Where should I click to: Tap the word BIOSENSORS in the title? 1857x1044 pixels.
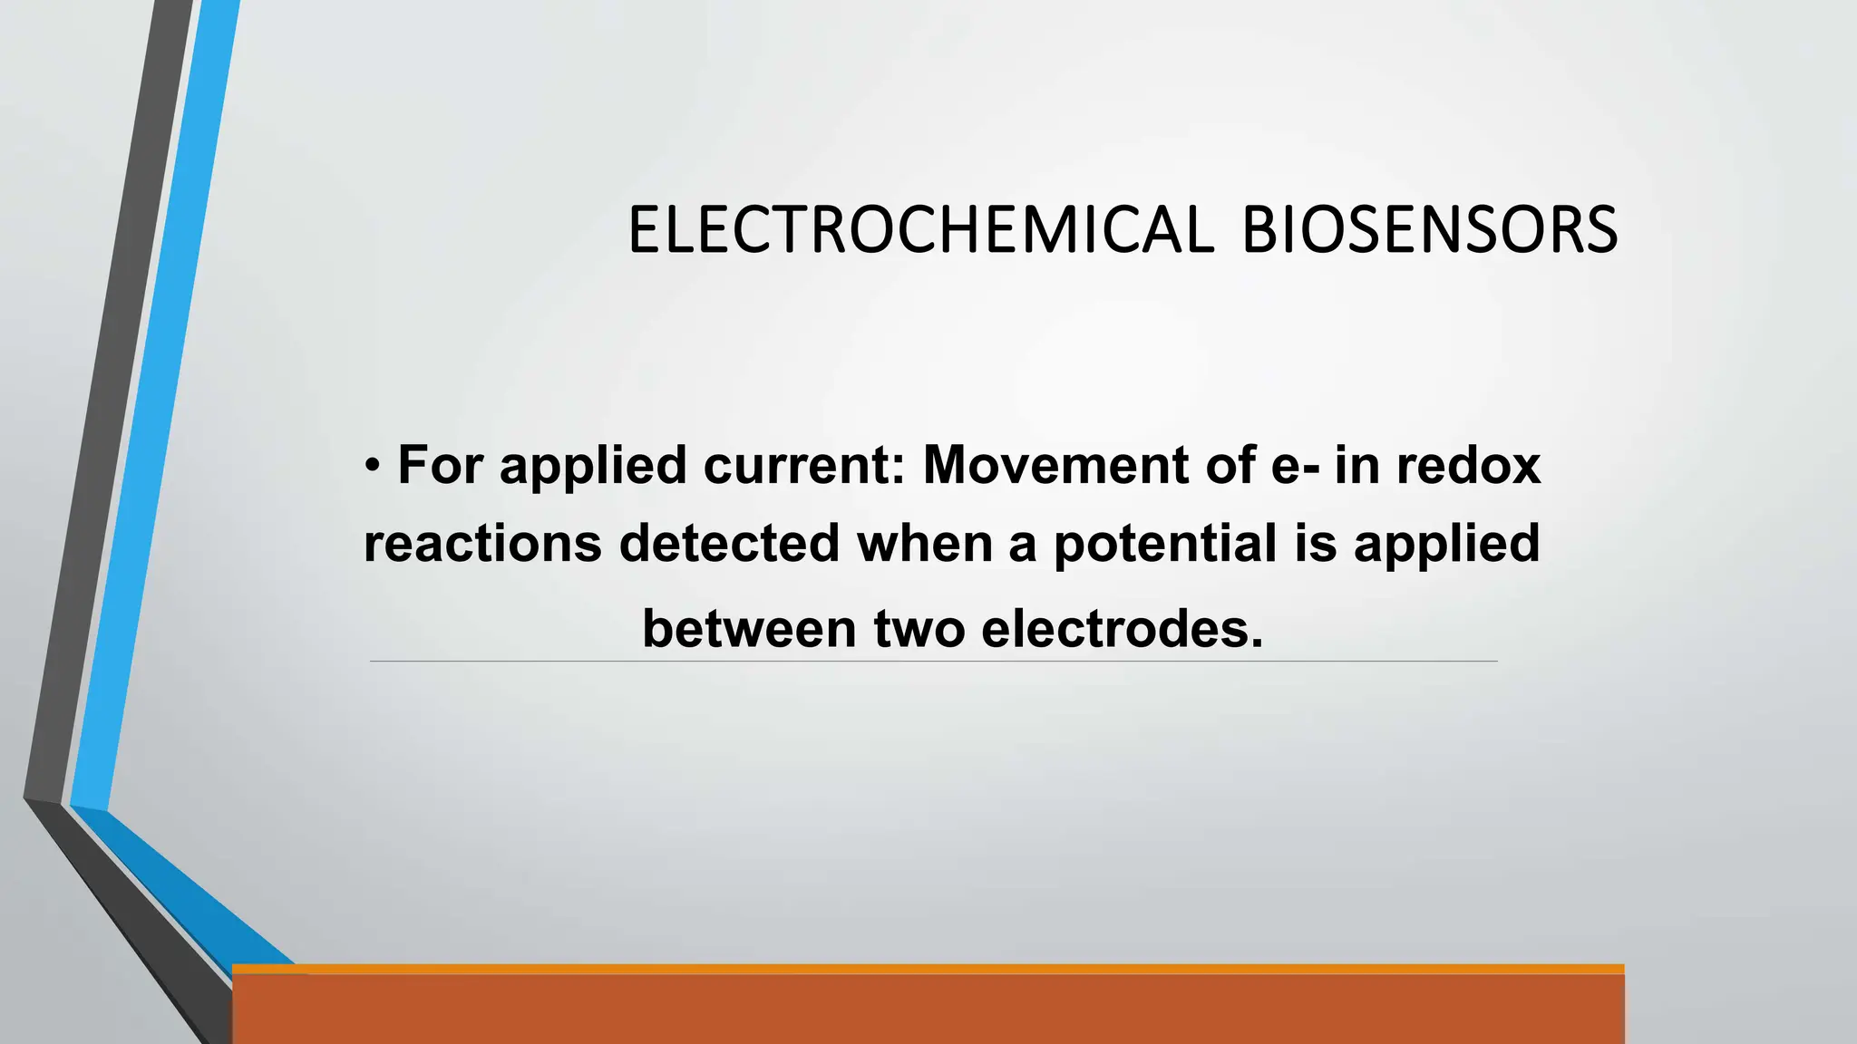pyautogui.click(x=1429, y=229)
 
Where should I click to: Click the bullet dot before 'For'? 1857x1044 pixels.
pyautogui.click(x=373, y=466)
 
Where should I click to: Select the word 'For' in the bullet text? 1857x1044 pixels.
pyautogui.click(x=441, y=465)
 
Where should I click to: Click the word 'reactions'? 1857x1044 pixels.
pyautogui.click(x=482, y=543)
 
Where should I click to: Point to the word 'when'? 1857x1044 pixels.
pyautogui.click(x=924, y=543)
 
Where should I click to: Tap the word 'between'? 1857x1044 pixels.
pyautogui.click(x=749, y=628)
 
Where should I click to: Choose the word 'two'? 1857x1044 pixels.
pyautogui.click(x=919, y=628)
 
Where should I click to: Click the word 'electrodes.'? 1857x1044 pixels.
pyautogui.click(x=1122, y=628)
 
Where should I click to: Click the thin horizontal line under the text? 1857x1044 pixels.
pyautogui.click(x=933, y=662)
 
